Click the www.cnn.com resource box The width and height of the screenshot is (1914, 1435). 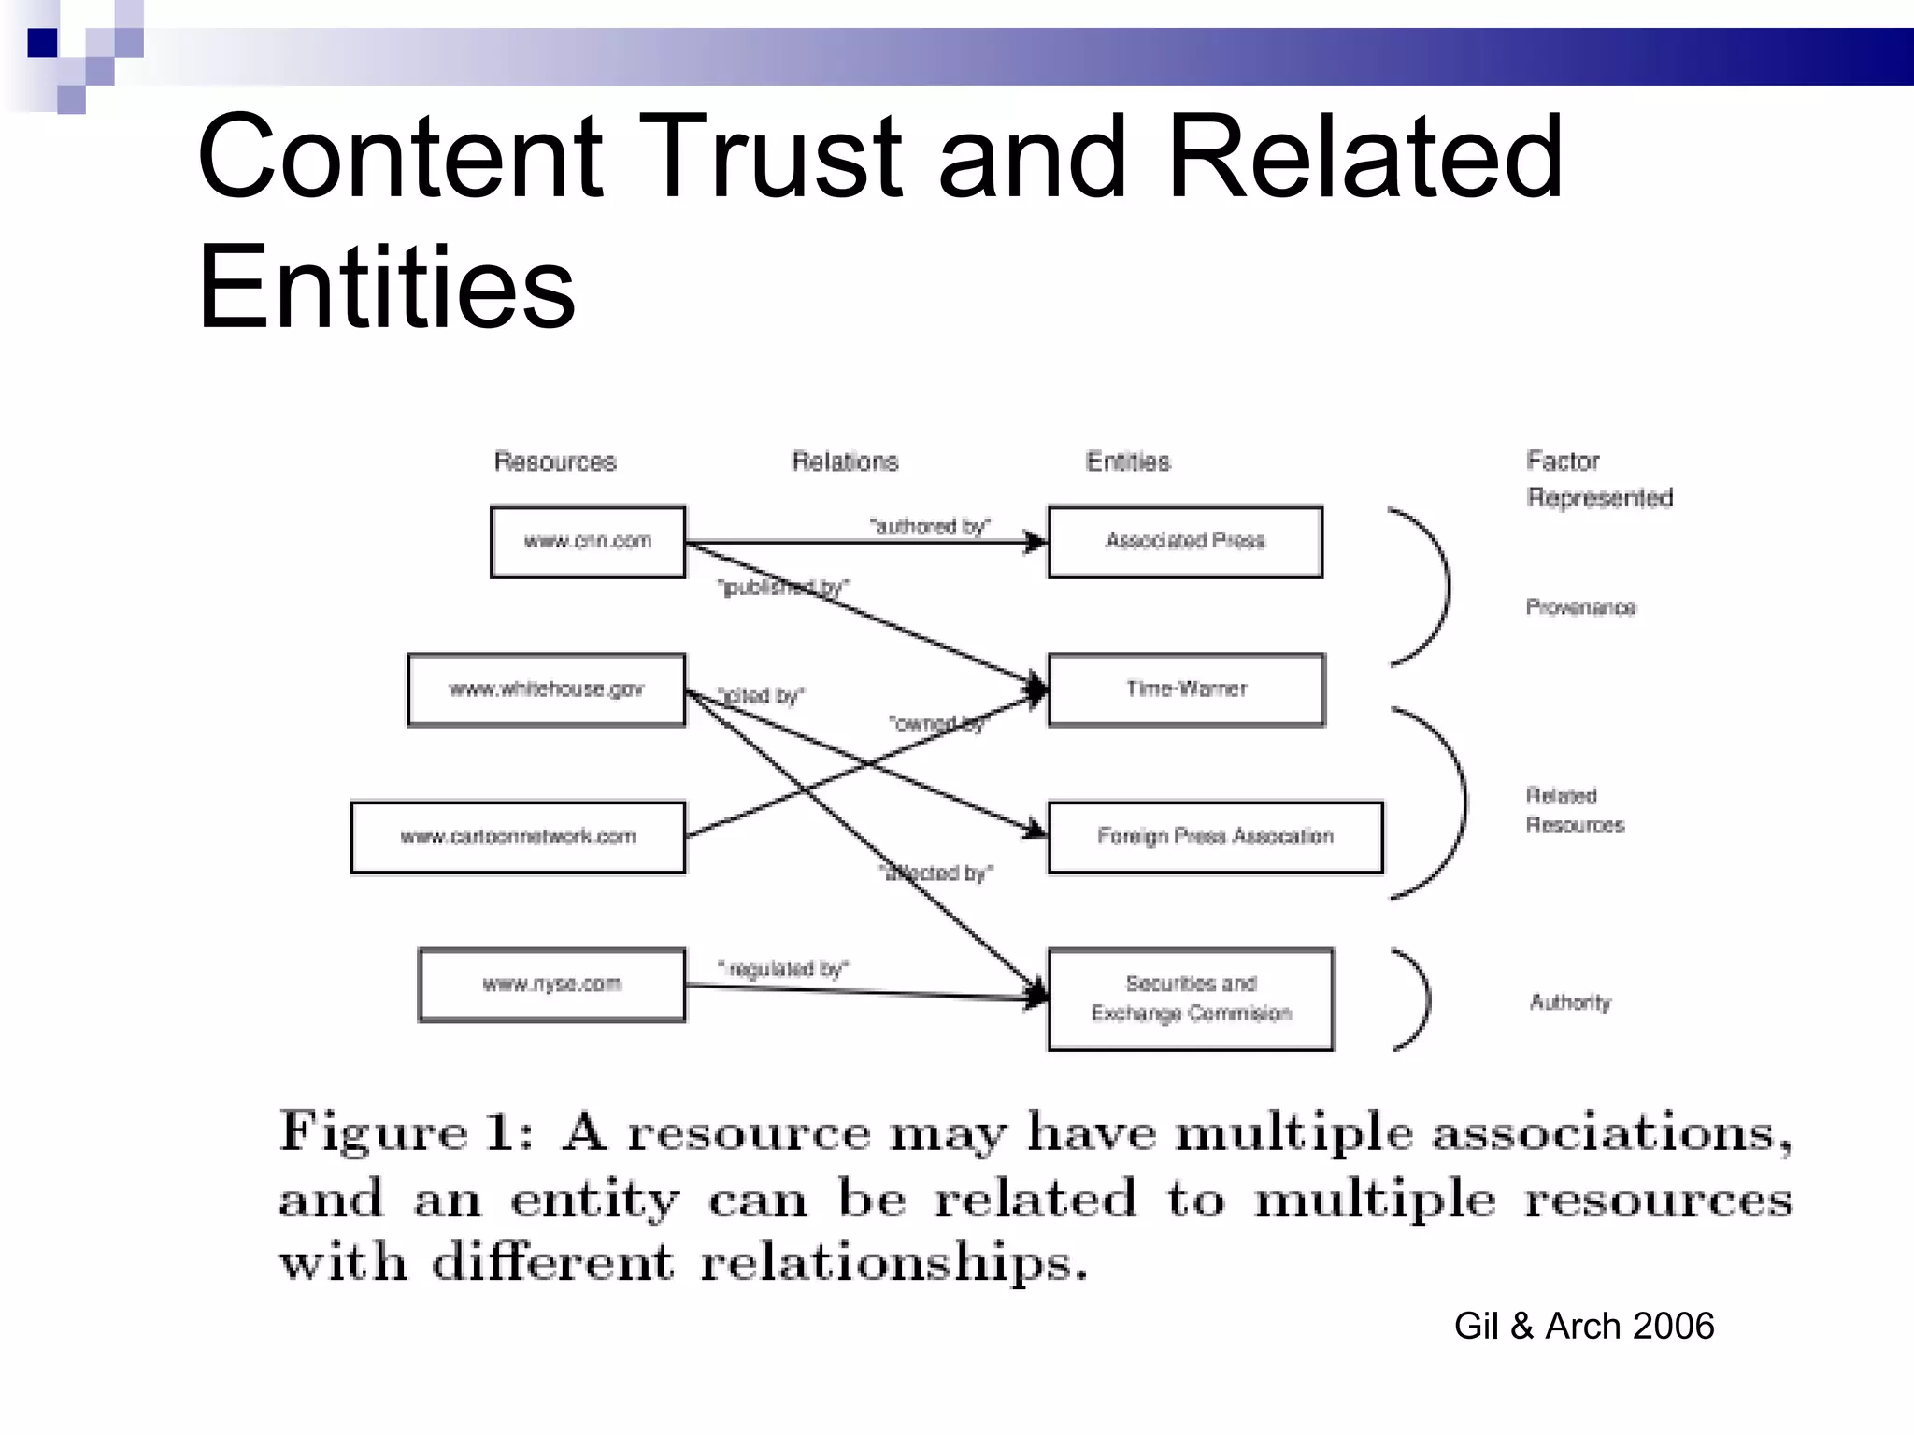588,542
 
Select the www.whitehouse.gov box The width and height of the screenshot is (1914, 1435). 547,689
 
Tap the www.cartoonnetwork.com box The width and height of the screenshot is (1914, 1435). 518,837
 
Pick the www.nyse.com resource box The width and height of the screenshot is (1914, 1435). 551,985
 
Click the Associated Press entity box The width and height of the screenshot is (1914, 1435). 1185,542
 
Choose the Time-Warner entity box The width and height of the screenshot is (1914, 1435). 1186,689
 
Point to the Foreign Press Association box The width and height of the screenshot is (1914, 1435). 1215,837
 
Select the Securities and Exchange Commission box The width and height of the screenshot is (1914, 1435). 1191,999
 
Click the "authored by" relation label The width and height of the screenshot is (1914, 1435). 930,527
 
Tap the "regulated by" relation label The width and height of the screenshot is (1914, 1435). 783,969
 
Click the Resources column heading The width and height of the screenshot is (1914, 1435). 555,462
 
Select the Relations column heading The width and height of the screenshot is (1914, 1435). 845,462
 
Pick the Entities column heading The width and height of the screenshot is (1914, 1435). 1128,462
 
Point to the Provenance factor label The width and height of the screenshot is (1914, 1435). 1580,607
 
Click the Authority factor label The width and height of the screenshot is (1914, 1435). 1570,1002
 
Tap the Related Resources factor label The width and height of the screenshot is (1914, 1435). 1575,810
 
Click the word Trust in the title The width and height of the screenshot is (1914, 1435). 771,157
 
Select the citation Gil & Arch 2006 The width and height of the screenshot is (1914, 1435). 1584,1326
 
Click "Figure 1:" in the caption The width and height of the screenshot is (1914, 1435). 407,1132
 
